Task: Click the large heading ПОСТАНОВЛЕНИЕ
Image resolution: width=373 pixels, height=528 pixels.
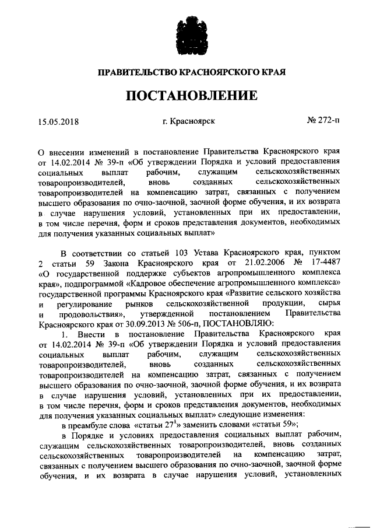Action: [x=186, y=94]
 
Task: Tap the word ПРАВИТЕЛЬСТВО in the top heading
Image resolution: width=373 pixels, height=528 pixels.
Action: [x=132, y=72]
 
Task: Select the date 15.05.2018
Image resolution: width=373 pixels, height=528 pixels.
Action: [x=58, y=122]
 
